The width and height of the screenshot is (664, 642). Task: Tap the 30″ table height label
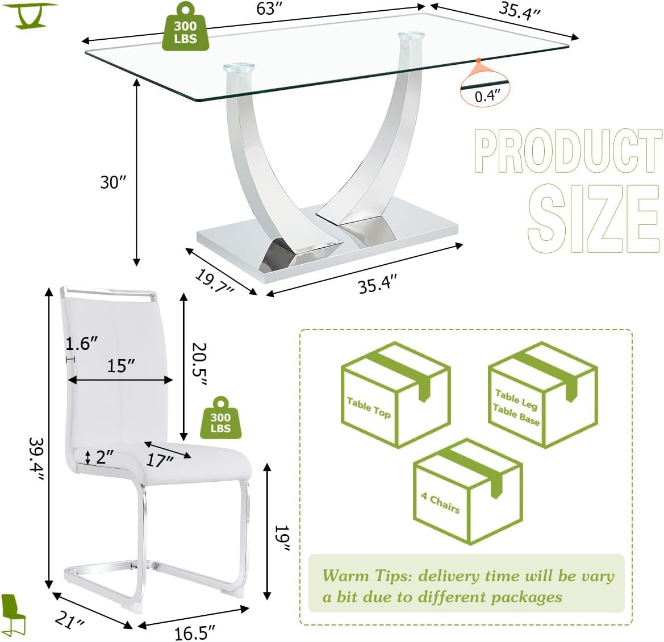click(114, 182)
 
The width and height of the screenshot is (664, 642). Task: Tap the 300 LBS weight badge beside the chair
click(220, 418)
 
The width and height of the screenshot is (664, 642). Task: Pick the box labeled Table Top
click(395, 395)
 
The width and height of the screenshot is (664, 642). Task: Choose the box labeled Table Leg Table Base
click(543, 395)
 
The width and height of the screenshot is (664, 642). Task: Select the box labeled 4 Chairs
click(468, 491)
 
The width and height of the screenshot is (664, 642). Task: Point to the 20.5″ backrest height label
click(198, 364)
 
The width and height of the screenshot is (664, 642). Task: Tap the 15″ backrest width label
click(121, 365)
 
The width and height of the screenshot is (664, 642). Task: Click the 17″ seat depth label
click(160, 461)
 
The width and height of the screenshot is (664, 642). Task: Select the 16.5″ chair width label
click(195, 633)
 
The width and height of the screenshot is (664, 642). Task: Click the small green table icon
click(30, 15)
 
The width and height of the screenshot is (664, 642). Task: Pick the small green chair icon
click(13, 615)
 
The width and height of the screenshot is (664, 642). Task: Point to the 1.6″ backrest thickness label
click(81, 344)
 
